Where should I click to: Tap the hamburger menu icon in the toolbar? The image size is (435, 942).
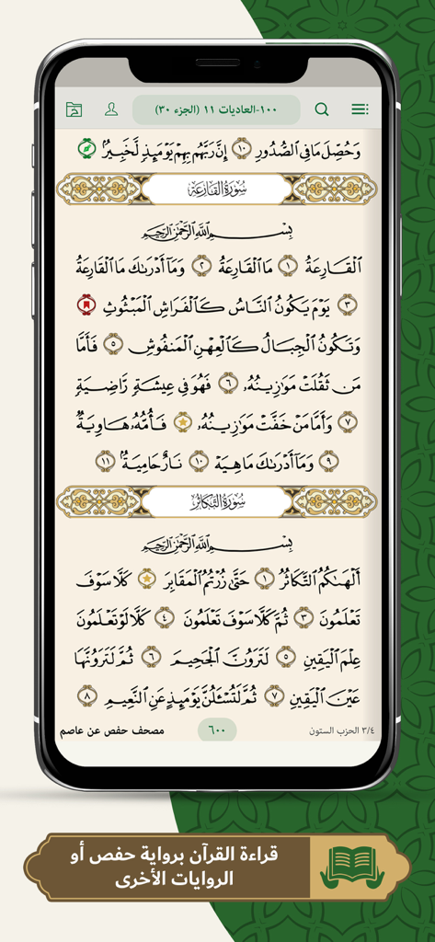pos(360,109)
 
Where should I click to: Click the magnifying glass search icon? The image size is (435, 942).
pos(322,109)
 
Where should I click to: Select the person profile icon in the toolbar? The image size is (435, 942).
pos(111,109)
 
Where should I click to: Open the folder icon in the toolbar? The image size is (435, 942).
pos(74,109)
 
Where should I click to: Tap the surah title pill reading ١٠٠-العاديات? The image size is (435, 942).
pos(216,109)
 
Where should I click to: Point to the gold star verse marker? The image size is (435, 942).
pos(182,420)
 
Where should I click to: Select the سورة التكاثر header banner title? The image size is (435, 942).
pos(217,501)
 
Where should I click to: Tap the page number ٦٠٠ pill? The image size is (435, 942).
pos(217,730)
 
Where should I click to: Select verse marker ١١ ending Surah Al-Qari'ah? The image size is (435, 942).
pos(106,460)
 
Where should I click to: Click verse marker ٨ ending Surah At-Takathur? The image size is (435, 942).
pos(88,697)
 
